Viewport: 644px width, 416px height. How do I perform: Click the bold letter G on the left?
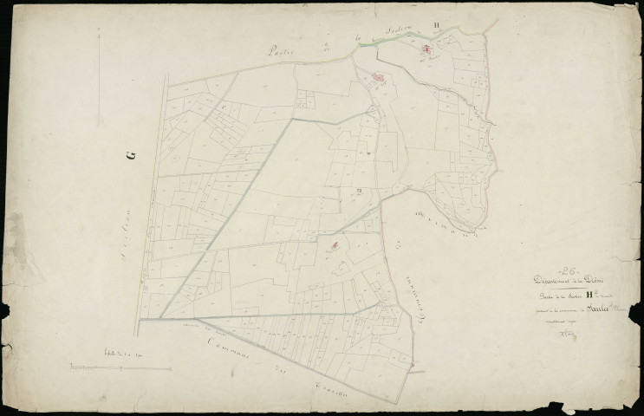(x=132, y=155)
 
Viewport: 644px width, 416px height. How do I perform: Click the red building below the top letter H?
(x=426, y=53)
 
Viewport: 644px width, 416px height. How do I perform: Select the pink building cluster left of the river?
(x=379, y=81)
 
